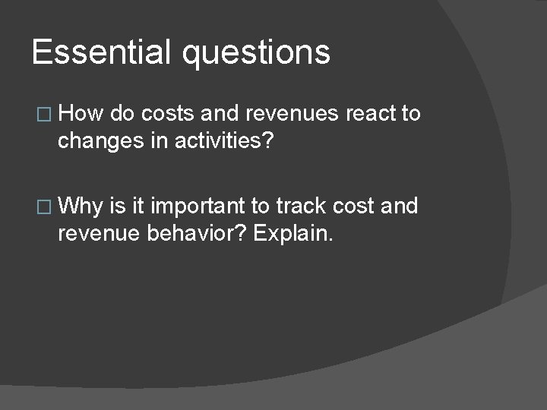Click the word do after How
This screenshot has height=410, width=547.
(x=121, y=115)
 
